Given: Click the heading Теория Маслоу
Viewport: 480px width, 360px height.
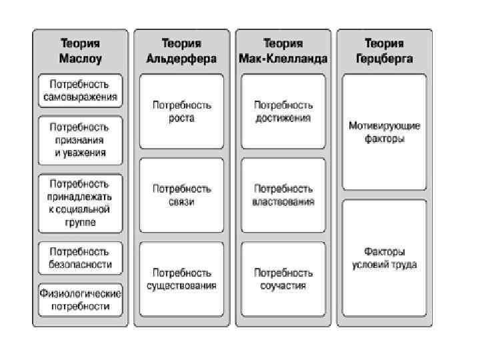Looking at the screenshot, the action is [79, 51].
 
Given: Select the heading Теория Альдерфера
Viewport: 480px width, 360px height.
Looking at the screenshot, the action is [181, 51].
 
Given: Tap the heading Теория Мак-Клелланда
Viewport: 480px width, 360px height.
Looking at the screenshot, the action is [283, 51].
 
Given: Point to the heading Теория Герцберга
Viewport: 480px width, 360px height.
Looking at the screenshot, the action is [384, 51].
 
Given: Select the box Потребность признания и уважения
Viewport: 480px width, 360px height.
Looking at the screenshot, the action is [80, 140].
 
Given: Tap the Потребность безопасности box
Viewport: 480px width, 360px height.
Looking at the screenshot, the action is [80, 257].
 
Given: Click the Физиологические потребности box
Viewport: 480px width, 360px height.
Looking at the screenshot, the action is [80, 299].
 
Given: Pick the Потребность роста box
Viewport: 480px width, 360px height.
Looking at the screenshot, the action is [181, 111].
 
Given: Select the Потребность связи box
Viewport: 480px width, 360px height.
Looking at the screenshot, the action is [181, 195].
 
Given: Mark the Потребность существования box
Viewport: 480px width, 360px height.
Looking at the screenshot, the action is [181, 279].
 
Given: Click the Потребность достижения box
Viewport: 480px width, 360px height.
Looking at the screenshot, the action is [283, 111].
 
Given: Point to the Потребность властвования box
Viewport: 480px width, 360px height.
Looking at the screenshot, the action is [283, 195].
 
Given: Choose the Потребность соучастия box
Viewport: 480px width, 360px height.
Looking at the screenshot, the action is [283, 279].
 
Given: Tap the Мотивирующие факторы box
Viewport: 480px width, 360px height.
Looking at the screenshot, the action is [384, 132].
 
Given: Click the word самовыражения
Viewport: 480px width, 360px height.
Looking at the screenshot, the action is [80, 97].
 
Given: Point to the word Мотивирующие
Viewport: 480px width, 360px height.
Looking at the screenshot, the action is [384, 126].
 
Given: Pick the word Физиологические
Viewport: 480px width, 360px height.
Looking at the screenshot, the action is [80, 293].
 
